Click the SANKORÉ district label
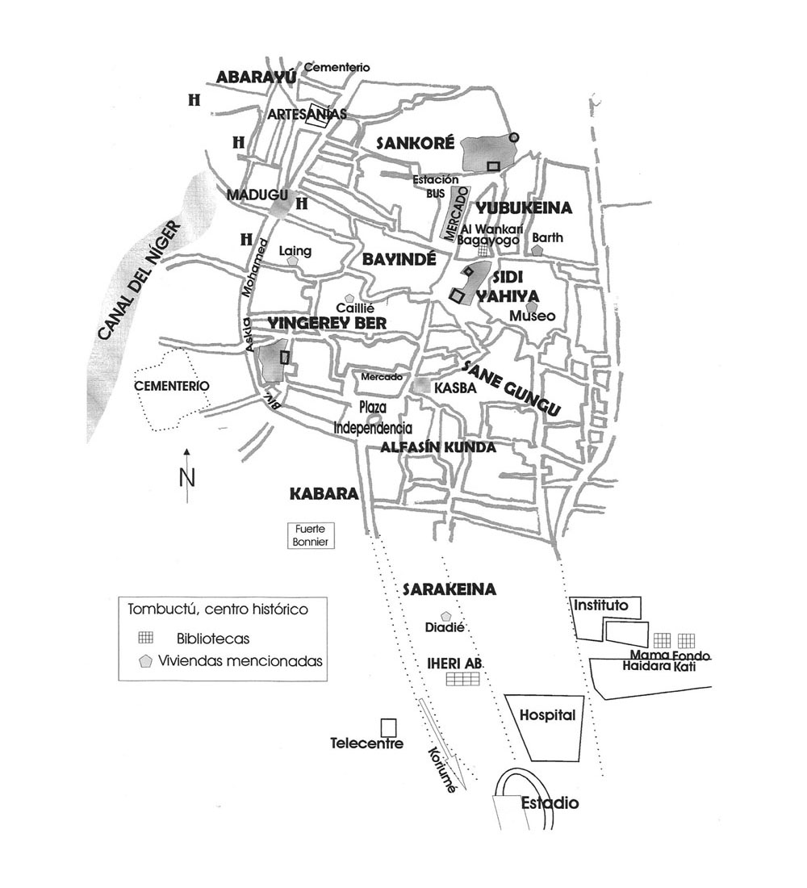[415, 143]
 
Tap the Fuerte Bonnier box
[311, 535]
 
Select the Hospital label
[547, 715]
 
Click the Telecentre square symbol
[388, 727]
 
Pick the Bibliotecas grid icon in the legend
[145, 638]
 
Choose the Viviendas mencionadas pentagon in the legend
[146, 661]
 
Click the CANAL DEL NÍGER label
[139, 282]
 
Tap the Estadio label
[550, 802]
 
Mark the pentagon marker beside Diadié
[445, 616]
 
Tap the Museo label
[533, 316]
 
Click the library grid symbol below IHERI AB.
[462, 678]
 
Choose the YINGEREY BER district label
[327, 324]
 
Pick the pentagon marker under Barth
[537, 249]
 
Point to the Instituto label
[601, 605]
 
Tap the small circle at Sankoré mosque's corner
[513, 137]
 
